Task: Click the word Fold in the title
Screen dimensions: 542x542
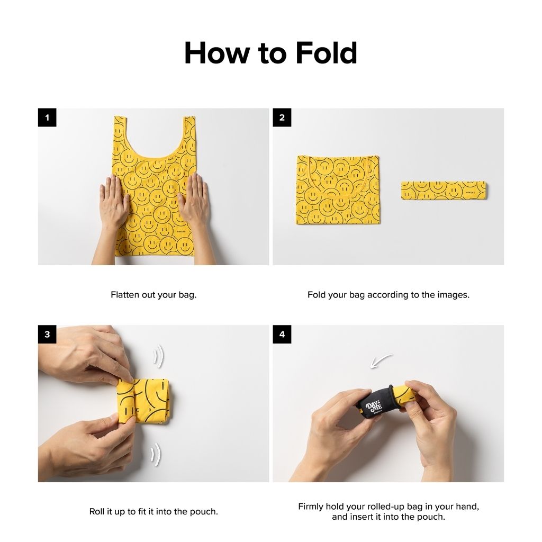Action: (326, 53)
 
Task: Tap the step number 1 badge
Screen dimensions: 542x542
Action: (47, 118)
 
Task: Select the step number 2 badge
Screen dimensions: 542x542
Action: (282, 118)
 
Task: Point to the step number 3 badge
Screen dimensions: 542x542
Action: (47, 335)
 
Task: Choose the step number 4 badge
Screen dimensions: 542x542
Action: (282, 335)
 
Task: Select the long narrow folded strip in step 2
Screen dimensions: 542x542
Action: (444, 191)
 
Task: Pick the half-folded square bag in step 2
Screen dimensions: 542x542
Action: (338, 190)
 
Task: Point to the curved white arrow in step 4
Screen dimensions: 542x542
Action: (381, 360)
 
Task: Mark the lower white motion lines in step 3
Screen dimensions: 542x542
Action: (156, 454)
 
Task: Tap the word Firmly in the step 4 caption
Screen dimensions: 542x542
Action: (310, 507)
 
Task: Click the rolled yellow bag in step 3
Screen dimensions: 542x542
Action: (143, 401)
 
